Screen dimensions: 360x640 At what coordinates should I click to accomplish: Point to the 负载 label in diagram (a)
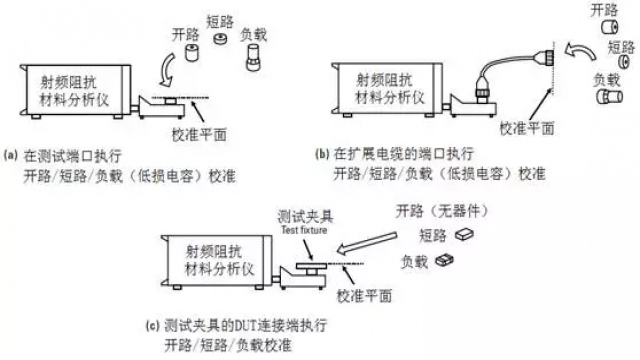253,32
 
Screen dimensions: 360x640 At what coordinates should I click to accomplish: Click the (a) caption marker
11,155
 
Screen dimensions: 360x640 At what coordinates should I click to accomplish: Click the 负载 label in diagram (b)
604,79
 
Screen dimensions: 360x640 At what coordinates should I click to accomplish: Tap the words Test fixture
300,228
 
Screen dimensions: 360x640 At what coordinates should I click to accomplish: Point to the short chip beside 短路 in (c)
463,235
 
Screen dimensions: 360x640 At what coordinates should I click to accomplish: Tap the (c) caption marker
151,325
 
